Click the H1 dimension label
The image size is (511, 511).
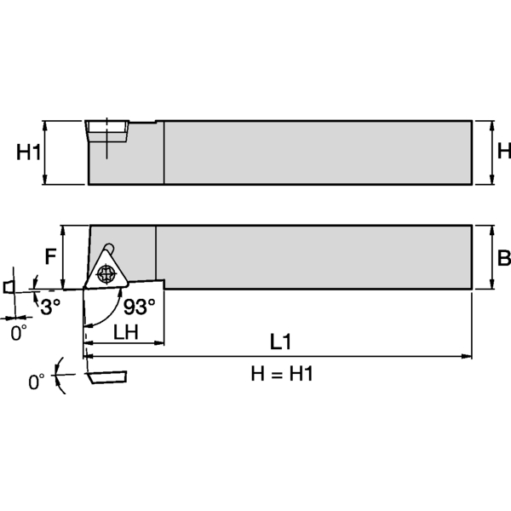tap(29, 152)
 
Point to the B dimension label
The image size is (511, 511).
tap(503, 258)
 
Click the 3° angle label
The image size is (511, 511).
tap(50, 305)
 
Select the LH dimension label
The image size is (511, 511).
tap(125, 332)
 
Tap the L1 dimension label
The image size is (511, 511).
tap(281, 342)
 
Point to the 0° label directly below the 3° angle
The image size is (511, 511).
tap(19, 334)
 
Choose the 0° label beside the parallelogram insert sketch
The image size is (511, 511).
tap(37, 382)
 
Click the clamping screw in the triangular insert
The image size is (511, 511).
tap(106, 274)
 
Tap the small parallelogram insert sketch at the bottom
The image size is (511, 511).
tap(105, 375)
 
